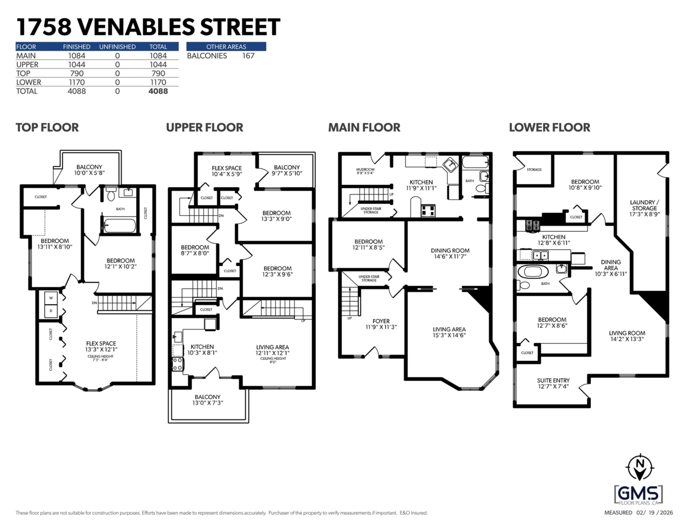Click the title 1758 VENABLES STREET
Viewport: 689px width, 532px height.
148,26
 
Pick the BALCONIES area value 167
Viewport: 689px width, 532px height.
248,56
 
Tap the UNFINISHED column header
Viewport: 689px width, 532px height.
117,47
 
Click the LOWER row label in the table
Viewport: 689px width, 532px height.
27,82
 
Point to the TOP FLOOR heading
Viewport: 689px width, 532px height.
47,127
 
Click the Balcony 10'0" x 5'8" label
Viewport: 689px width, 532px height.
88,170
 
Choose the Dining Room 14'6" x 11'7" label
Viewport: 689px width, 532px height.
450,254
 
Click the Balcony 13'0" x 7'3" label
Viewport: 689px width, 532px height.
207,400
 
